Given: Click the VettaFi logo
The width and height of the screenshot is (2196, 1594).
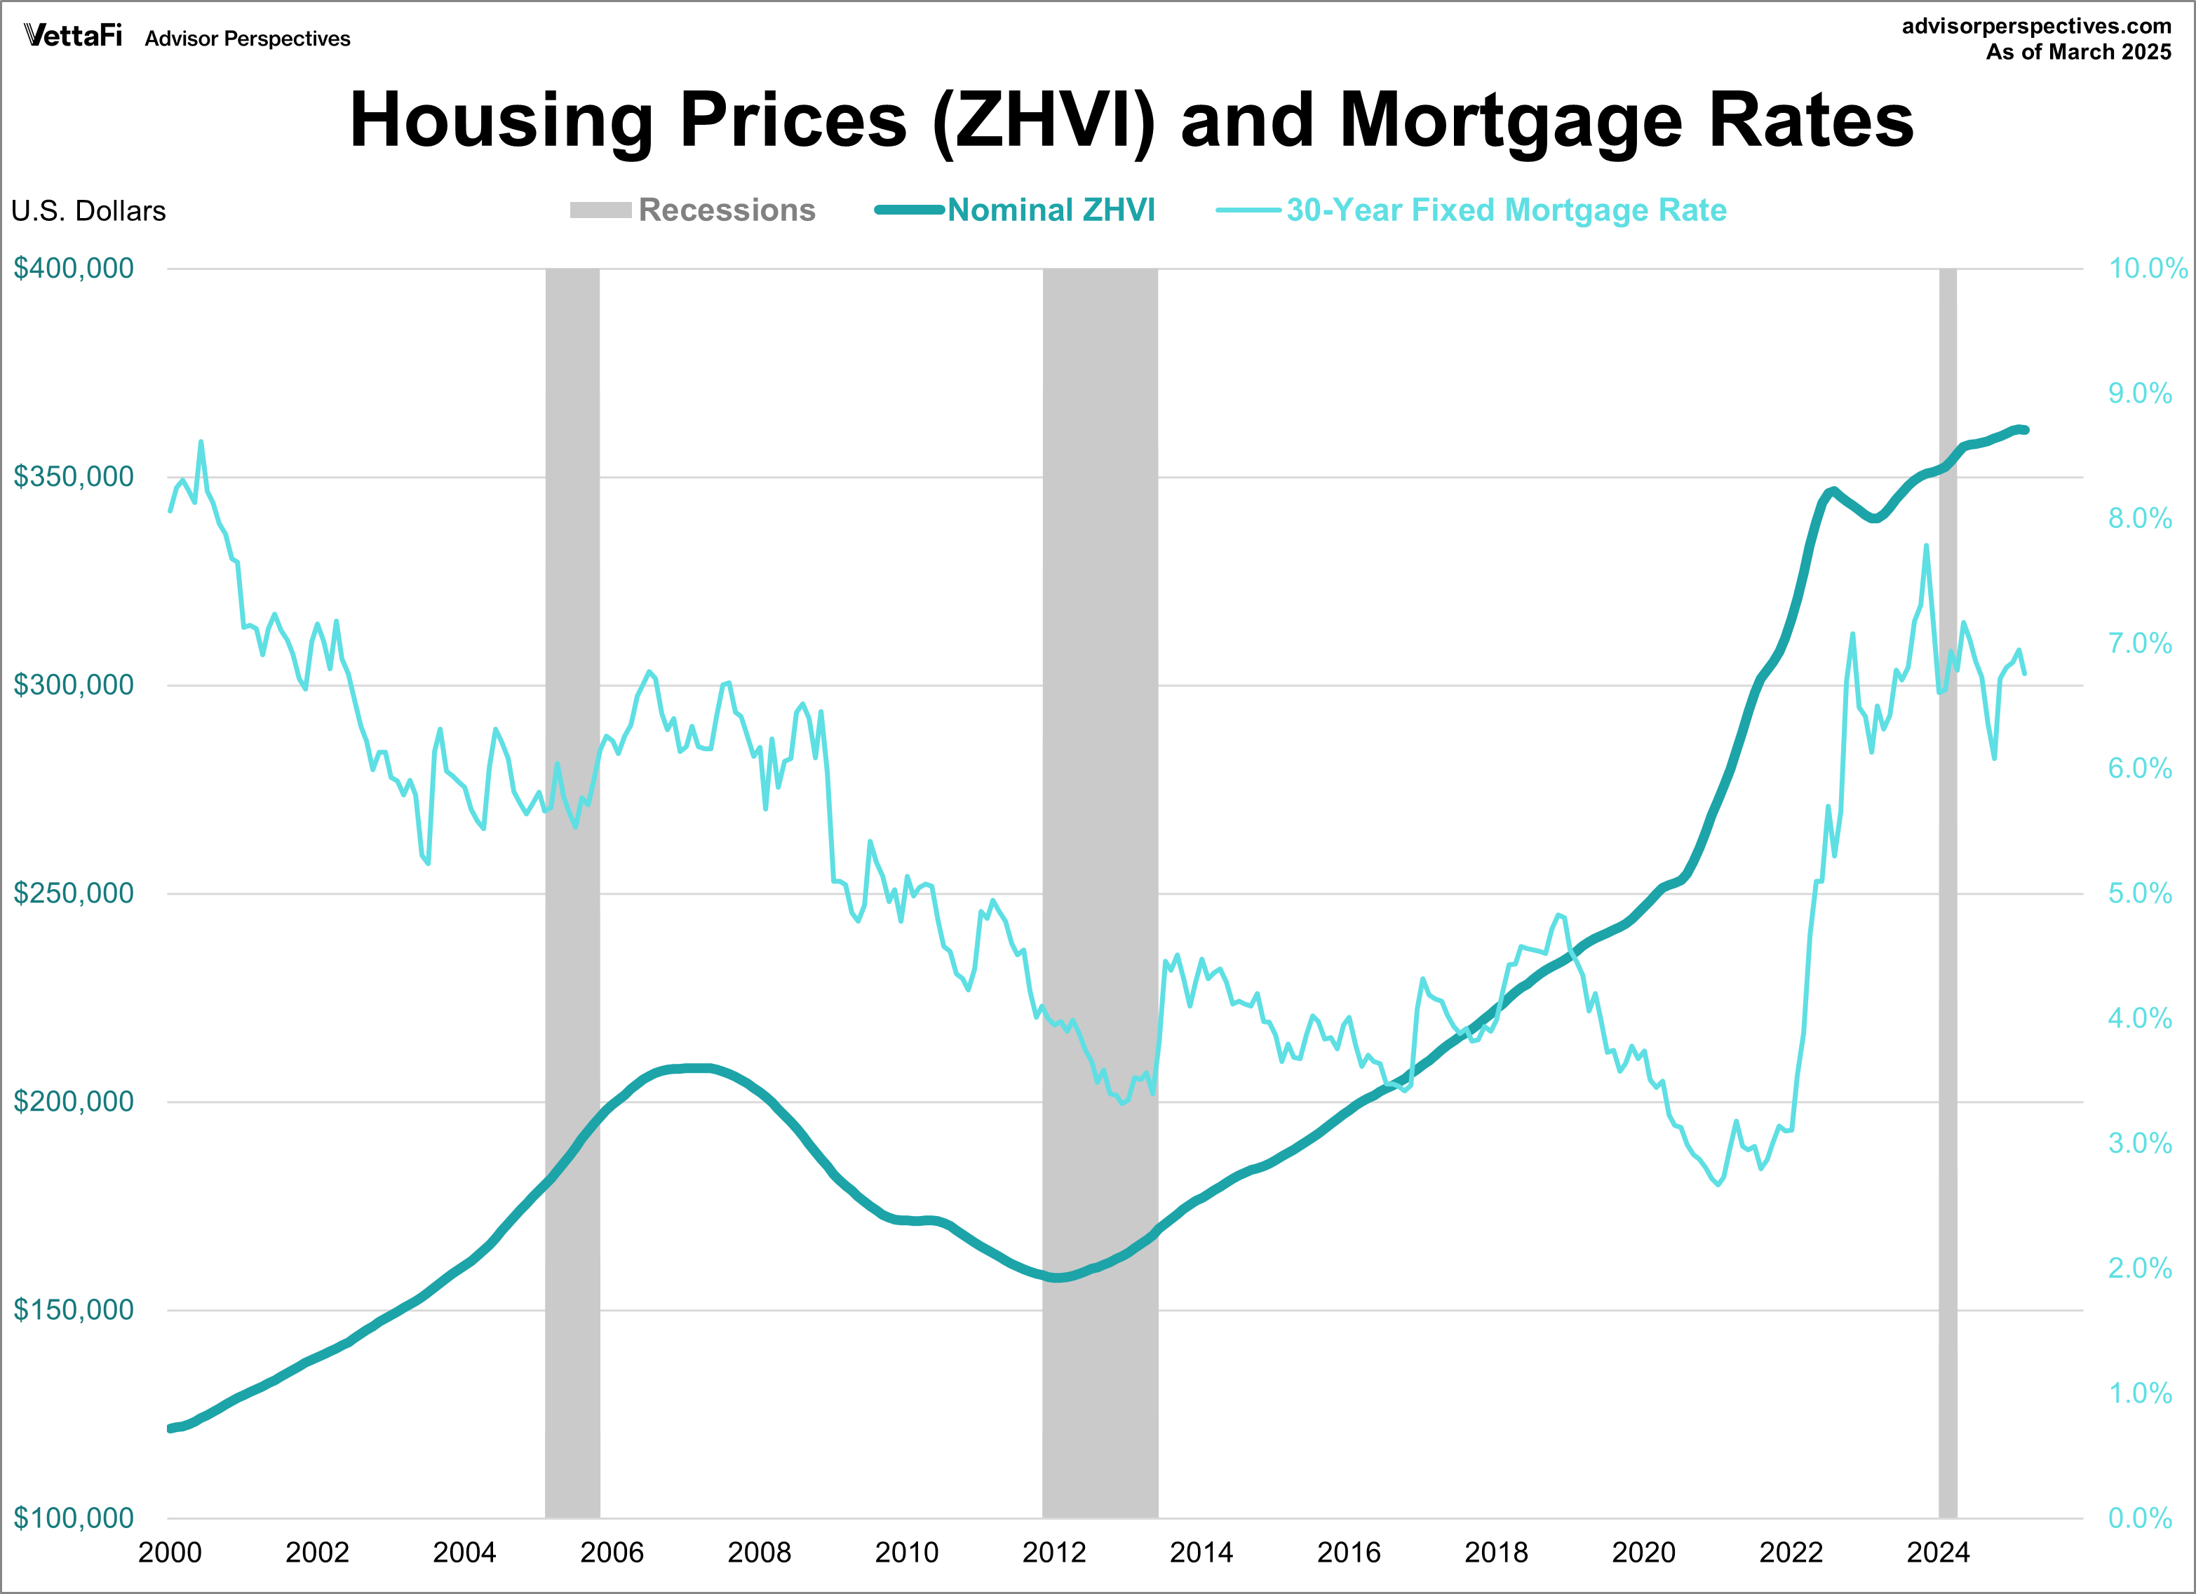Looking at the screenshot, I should coord(73,36).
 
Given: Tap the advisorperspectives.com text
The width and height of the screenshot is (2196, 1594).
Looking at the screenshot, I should coord(2036,26).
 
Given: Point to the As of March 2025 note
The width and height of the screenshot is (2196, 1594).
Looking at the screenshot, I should coord(2078,53).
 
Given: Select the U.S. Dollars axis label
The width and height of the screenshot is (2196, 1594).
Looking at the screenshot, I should coord(88,211).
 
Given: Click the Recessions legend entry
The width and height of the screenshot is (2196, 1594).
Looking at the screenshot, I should coord(726,210).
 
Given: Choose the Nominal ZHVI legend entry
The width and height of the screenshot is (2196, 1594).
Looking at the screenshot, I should coord(1051,210).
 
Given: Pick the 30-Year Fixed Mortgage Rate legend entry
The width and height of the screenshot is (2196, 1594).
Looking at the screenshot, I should coord(1506,210).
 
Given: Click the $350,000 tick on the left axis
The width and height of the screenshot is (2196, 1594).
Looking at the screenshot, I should coord(74,476).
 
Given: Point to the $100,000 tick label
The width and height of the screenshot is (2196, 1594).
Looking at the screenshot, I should coord(74,1518).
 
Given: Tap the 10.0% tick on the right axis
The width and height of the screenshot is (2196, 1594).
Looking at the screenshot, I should coord(2148,269).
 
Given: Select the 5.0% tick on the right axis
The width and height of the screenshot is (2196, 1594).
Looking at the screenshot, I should coord(2140,893).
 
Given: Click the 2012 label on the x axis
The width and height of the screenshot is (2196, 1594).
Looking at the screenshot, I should coord(1053,1553).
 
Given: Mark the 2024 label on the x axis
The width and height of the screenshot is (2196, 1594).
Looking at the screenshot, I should coord(1937,1553).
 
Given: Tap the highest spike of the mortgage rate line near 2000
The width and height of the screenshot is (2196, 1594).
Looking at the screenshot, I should coord(201,443).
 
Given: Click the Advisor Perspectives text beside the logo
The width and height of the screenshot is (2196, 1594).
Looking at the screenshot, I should coord(248,39).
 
